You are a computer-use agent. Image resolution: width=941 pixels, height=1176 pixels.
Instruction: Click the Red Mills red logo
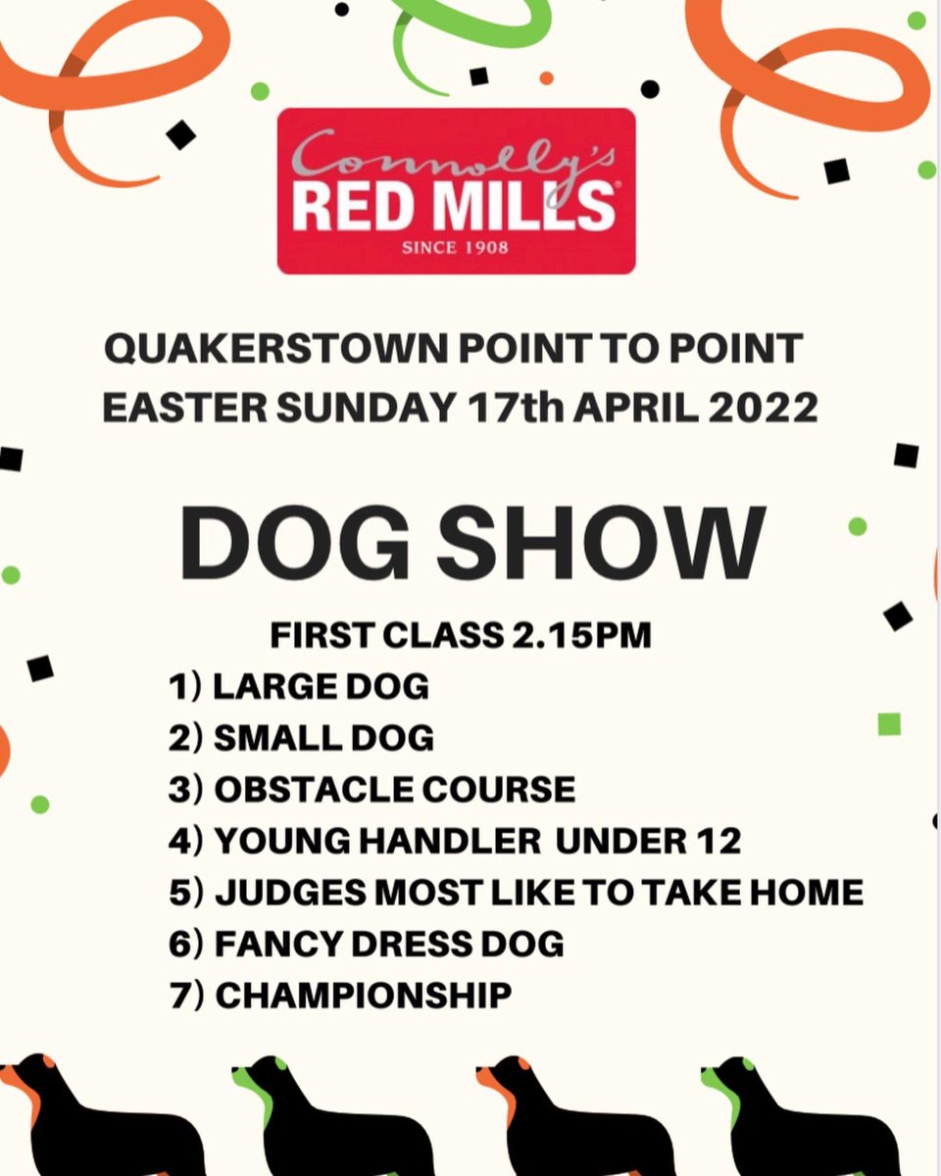point(456,191)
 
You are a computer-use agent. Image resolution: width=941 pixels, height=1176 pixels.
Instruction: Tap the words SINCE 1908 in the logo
point(456,247)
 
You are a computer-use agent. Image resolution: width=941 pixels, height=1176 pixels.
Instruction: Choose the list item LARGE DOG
point(321,686)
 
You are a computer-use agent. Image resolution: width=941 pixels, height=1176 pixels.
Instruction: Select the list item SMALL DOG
point(323,738)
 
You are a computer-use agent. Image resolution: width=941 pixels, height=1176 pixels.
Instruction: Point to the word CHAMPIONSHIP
point(364,996)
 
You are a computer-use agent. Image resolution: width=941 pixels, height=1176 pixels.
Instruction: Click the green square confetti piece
point(889,724)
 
